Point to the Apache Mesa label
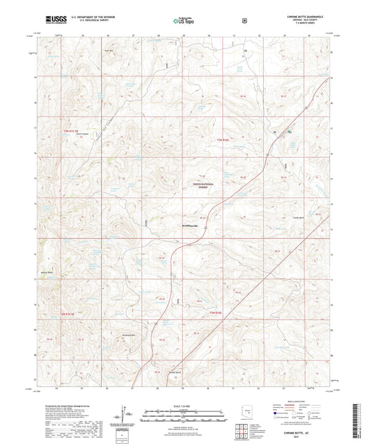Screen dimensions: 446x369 [46, 271]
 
